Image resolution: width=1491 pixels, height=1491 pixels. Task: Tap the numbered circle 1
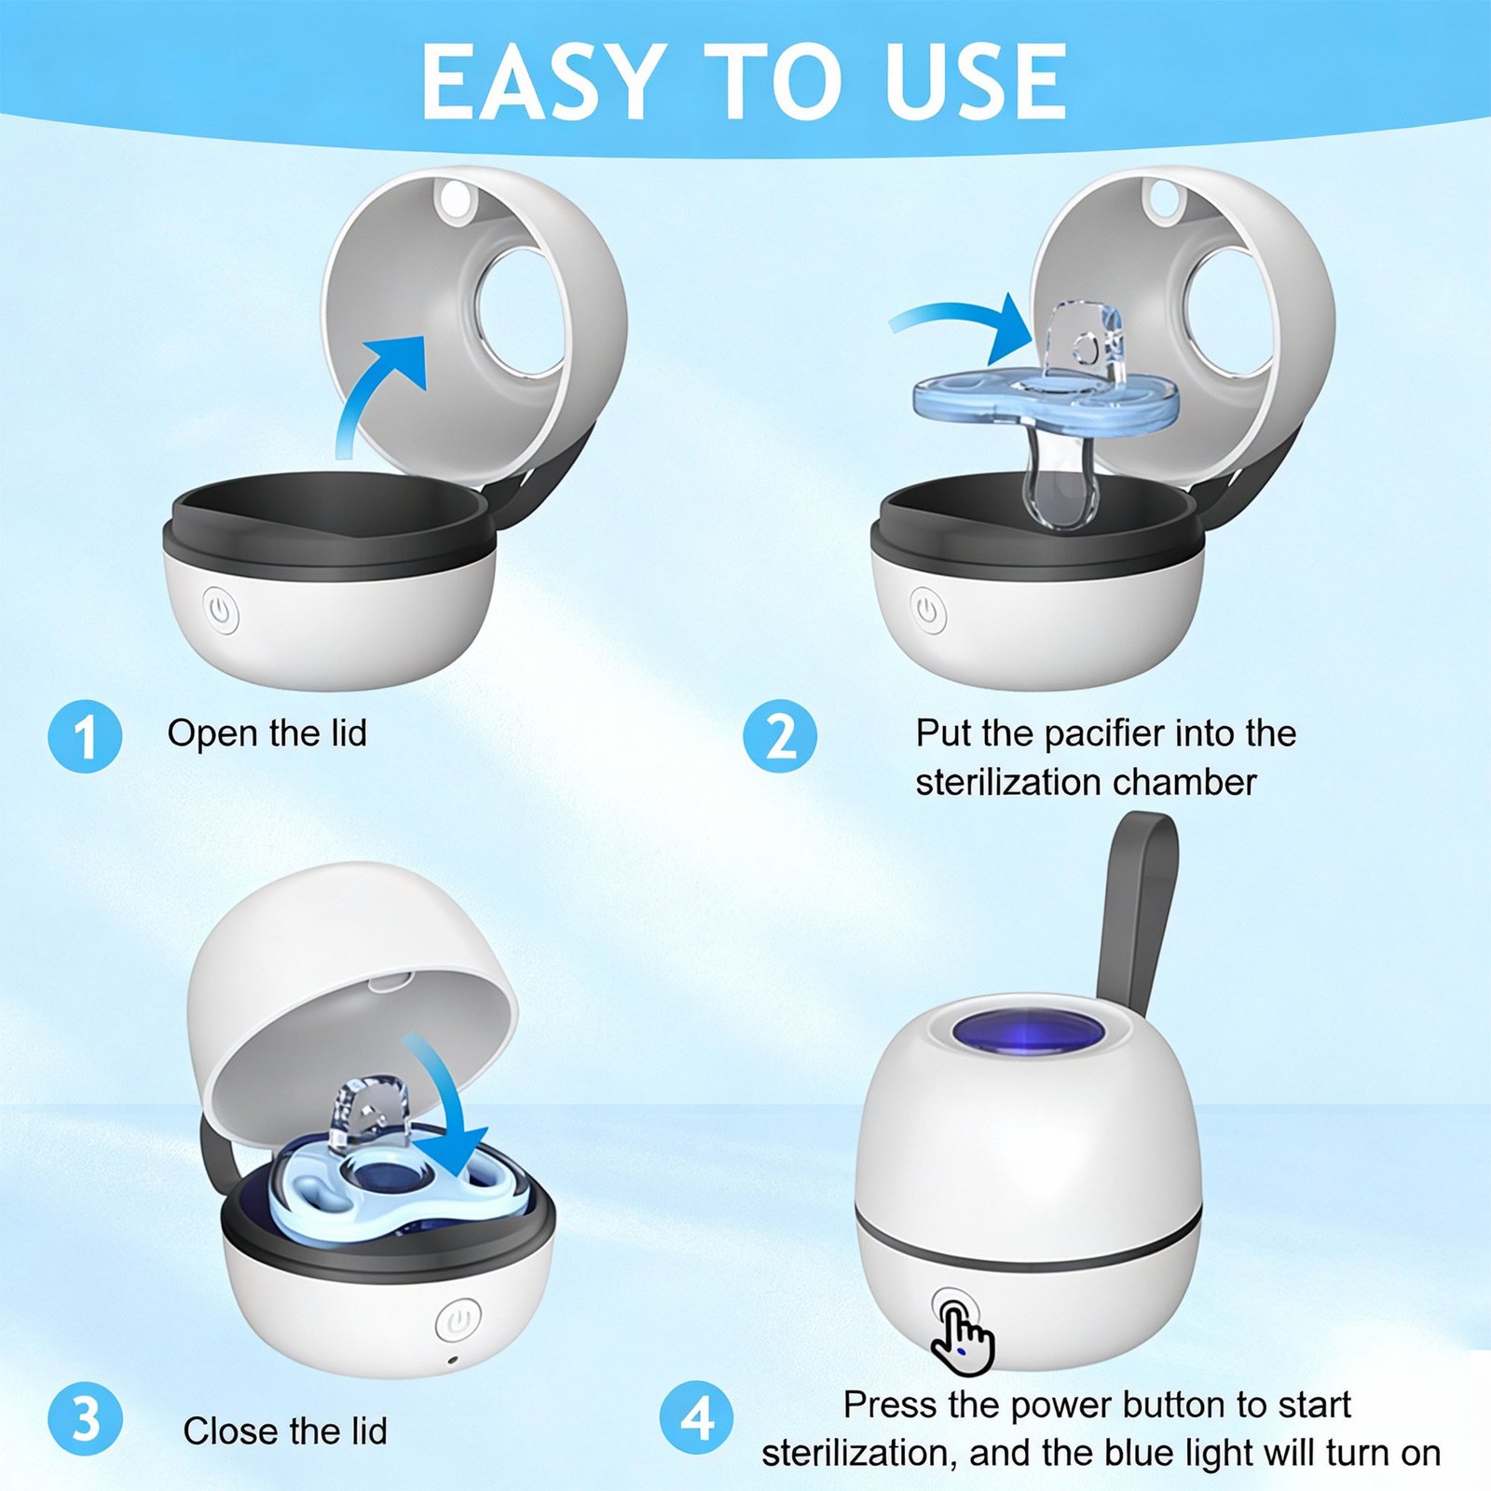click(x=85, y=735)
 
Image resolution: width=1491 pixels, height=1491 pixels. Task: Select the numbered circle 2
click(x=780, y=735)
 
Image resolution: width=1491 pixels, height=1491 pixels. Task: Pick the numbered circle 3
click(x=85, y=1419)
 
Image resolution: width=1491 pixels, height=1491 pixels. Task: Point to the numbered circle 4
click(x=696, y=1419)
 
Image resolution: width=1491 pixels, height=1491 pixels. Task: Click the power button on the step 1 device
click(x=220, y=610)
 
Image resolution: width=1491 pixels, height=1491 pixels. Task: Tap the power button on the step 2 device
click(x=927, y=610)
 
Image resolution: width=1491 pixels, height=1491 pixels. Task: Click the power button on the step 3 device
click(x=458, y=1320)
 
